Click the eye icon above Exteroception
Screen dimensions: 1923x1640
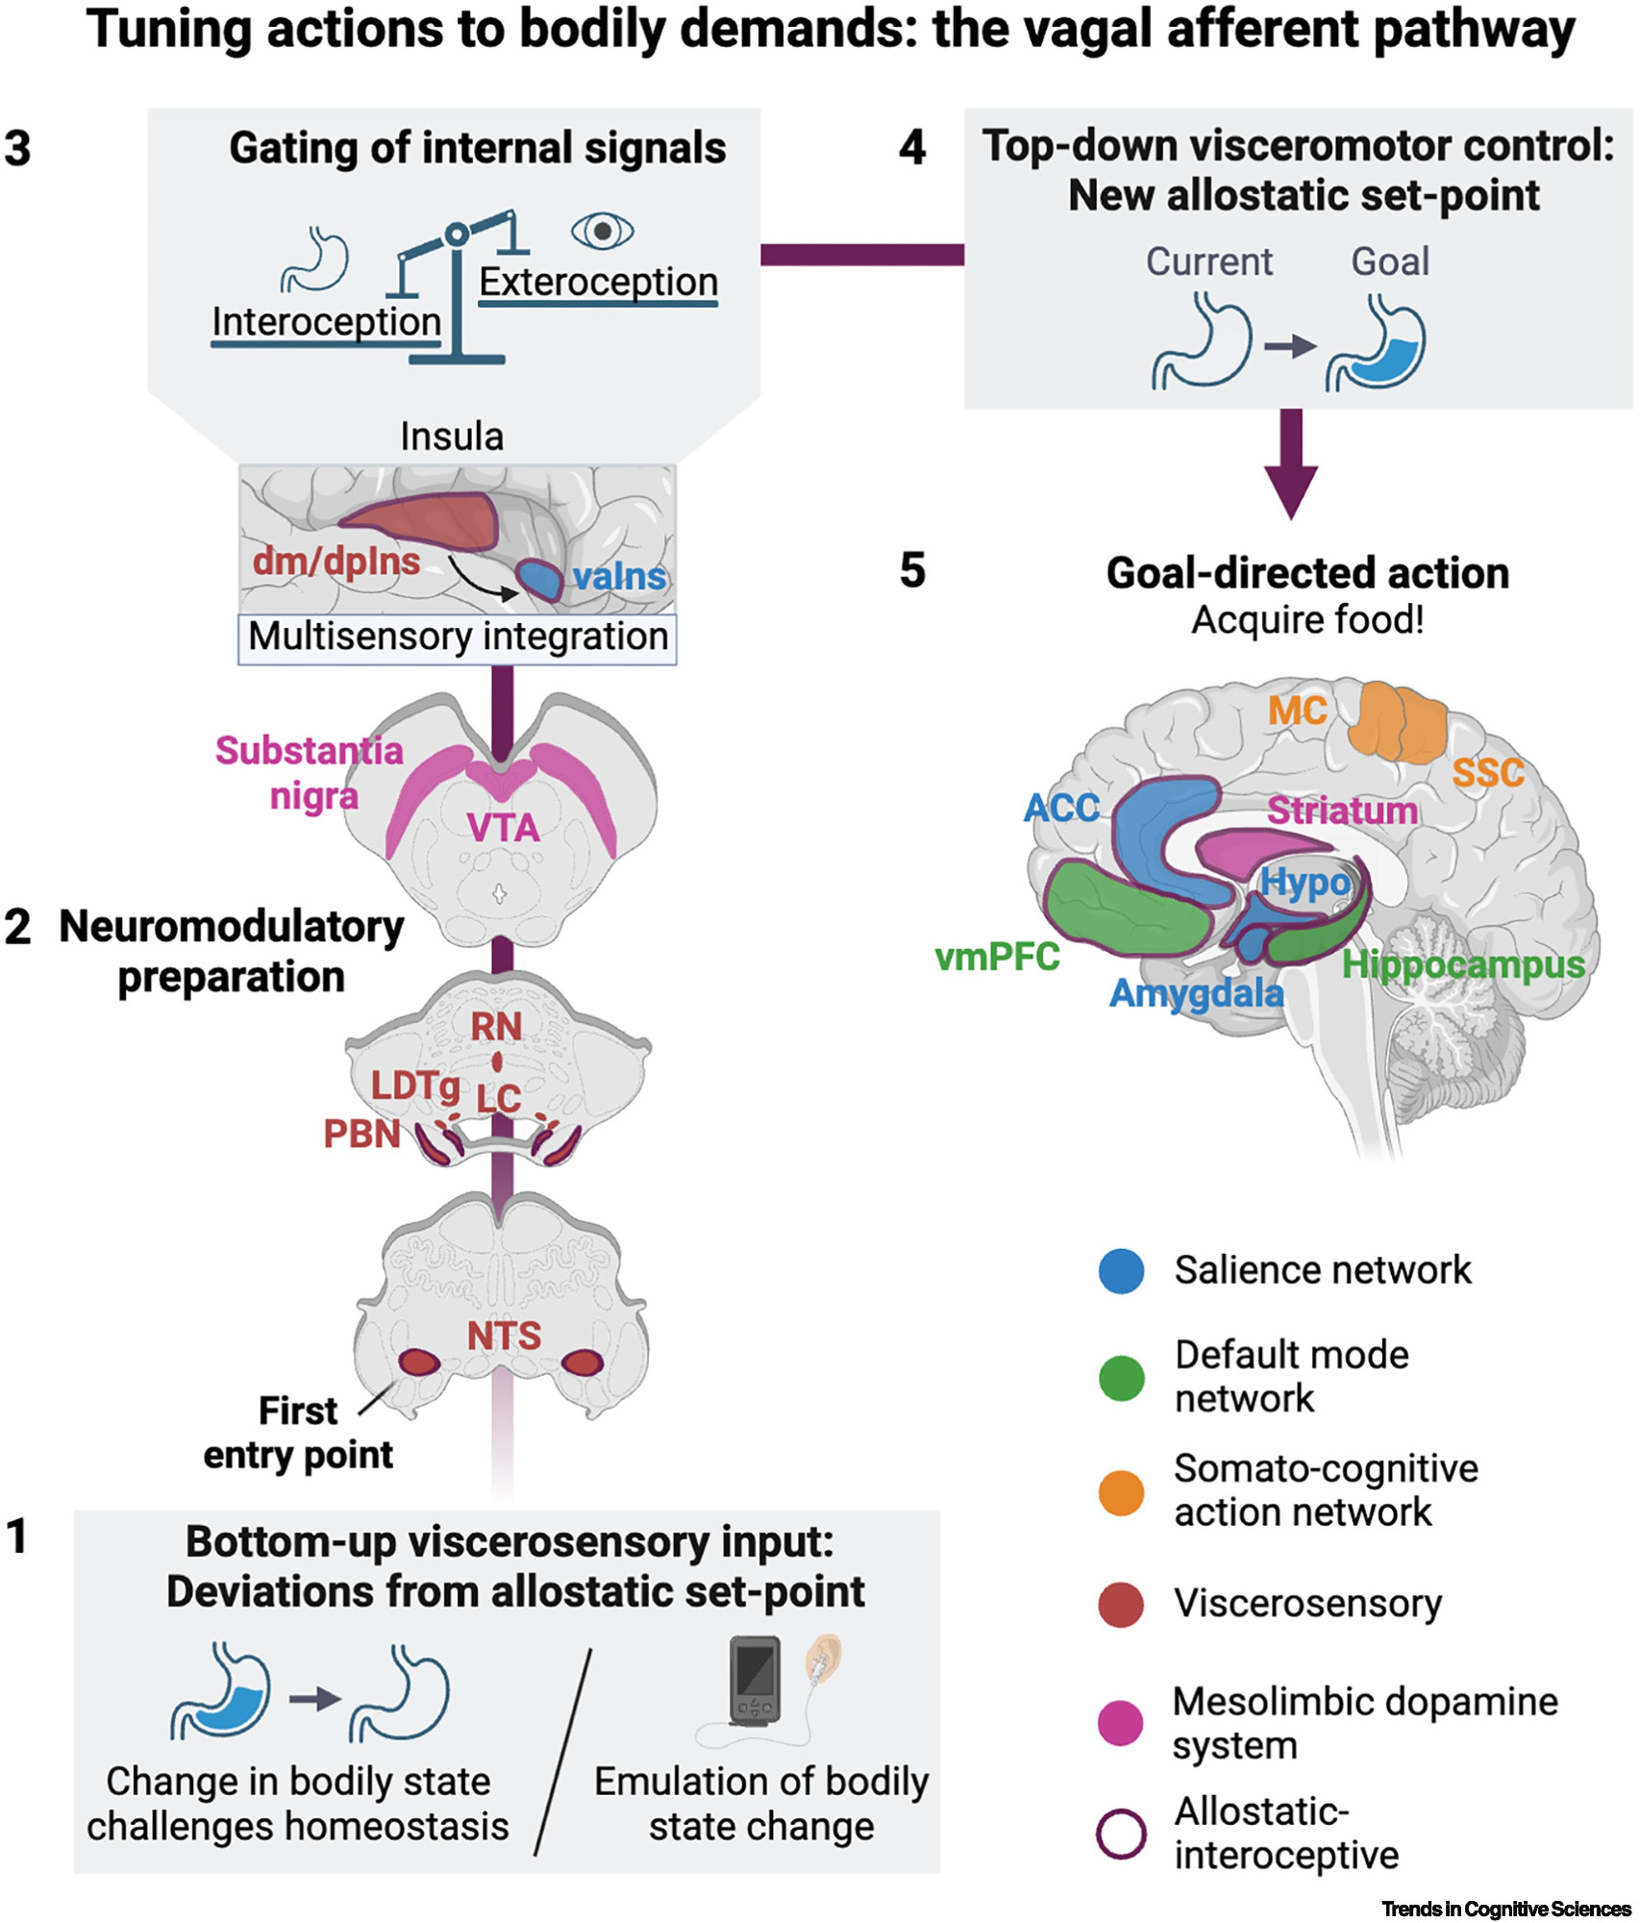[603, 232]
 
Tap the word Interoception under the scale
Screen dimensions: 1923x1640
[326, 322]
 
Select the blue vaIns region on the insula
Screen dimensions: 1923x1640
[539, 579]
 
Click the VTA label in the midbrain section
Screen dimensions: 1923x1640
[504, 828]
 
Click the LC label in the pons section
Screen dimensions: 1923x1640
[499, 1098]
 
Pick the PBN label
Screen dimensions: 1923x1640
[361, 1135]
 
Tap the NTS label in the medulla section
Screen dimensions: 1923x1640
[504, 1336]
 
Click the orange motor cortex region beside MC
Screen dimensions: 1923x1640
[1398, 721]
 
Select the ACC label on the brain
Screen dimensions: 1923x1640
[1061, 808]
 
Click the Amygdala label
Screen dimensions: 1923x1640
[1197, 993]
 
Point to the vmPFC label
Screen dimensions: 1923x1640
[997, 957]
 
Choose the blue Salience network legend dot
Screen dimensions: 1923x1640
[1121, 1271]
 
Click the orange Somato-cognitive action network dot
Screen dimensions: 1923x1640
[1121, 1492]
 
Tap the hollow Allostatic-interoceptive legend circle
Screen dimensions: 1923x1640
[1121, 1834]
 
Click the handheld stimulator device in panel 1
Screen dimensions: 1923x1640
[755, 1679]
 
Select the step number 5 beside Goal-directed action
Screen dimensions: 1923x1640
[912, 571]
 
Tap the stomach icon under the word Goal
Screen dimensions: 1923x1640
[1377, 344]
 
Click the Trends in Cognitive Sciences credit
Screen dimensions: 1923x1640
[1505, 1909]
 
